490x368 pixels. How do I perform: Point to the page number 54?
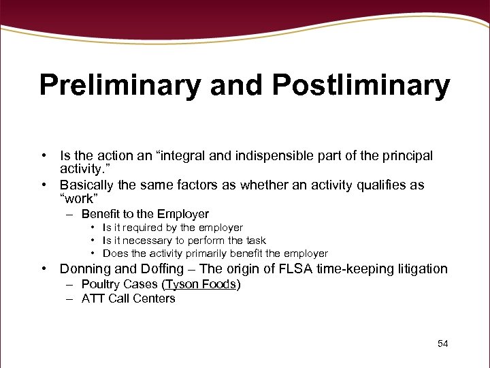click(x=442, y=343)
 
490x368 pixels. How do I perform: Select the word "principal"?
click(x=407, y=156)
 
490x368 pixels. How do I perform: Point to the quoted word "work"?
click(x=80, y=198)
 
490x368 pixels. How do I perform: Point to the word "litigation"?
click(x=419, y=269)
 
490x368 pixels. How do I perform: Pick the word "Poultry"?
click(x=101, y=284)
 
